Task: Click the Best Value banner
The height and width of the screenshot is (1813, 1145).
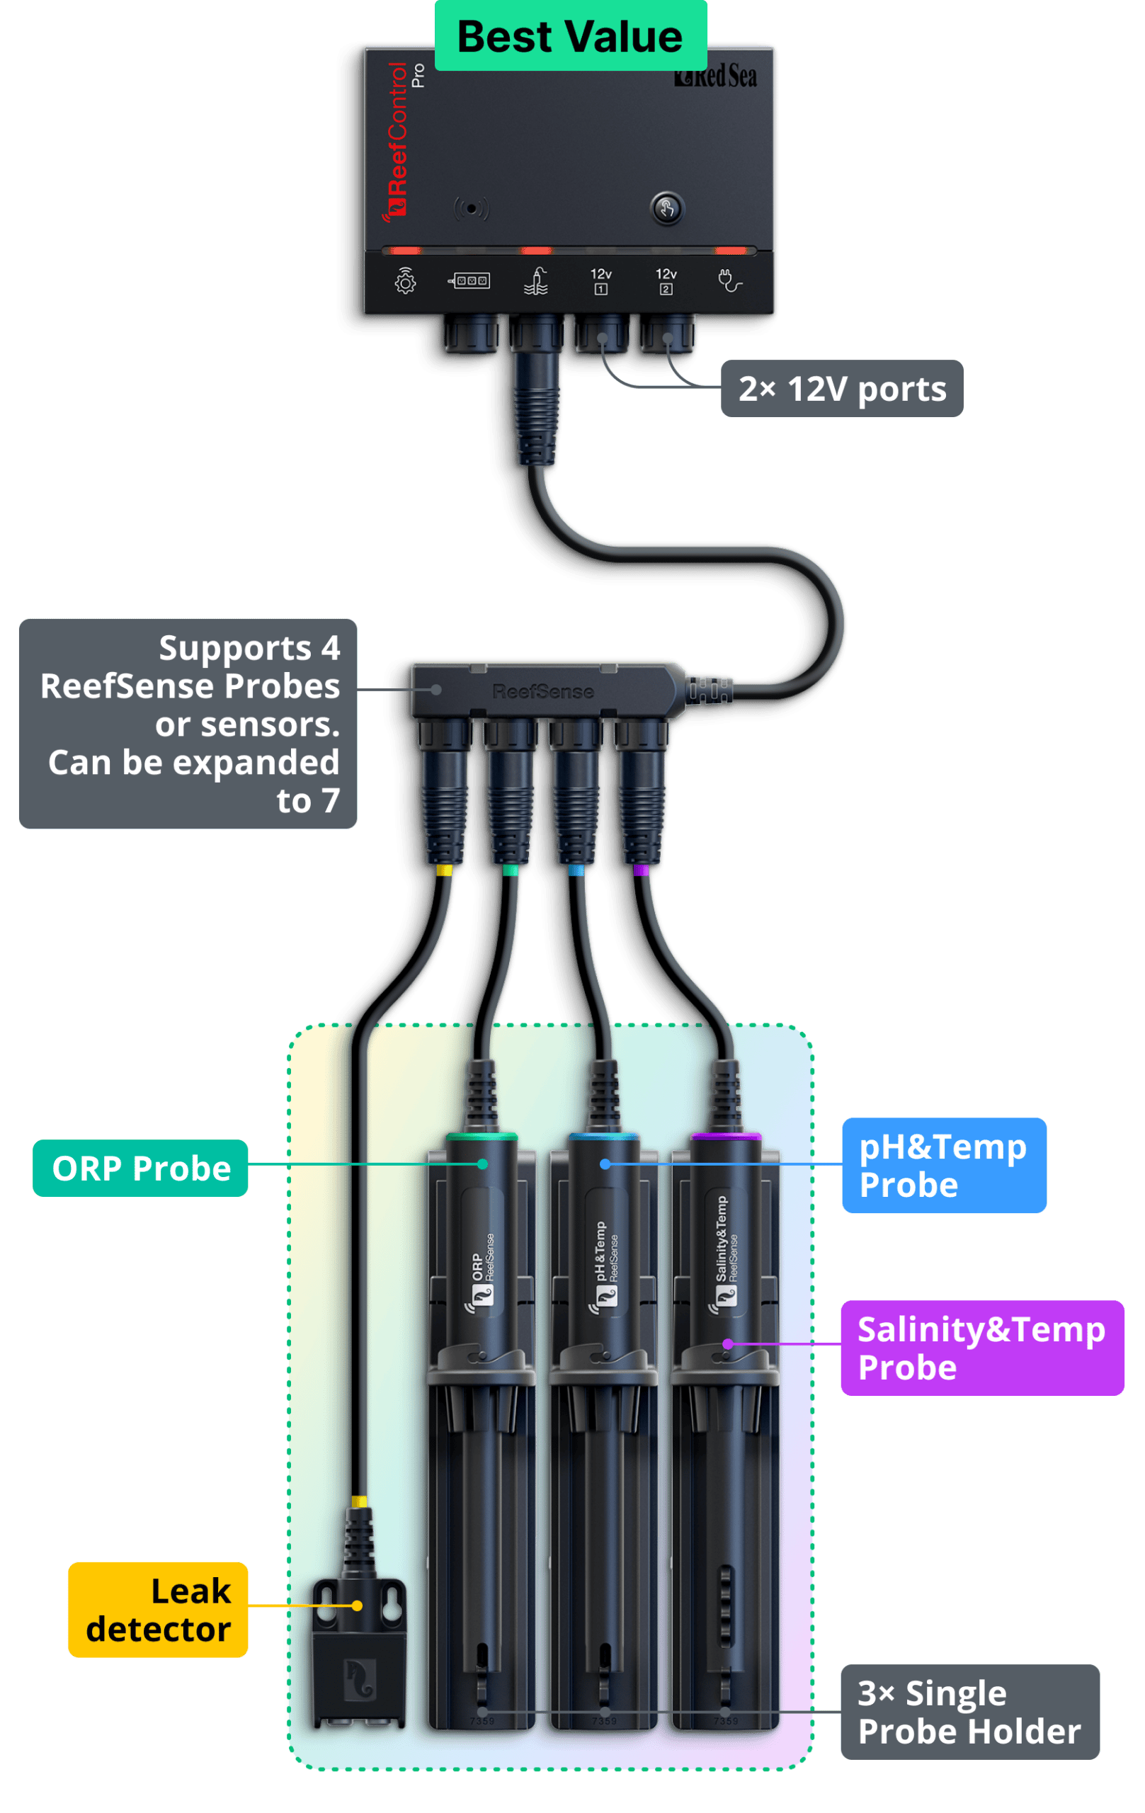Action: (x=571, y=36)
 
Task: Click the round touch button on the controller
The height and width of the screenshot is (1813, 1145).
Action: (x=666, y=208)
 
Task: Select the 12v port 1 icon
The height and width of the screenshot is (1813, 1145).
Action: (x=600, y=281)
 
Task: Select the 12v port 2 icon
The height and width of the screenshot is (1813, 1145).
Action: (x=666, y=281)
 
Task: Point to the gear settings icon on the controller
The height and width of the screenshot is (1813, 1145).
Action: (x=405, y=282)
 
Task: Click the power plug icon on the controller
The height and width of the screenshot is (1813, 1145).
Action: (x=729, y=281)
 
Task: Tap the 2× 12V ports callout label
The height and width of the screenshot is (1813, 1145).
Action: (x=842, y=389)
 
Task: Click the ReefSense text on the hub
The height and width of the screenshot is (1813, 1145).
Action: (x=543, y=691)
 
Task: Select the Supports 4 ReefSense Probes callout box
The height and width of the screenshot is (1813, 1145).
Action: (x=188, y=724)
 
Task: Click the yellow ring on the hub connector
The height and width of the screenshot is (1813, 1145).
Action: (x=444, y=870)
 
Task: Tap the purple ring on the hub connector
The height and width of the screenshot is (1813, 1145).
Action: (x=641, y=870)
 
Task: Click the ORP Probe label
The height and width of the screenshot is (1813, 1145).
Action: (x=141, y=1169)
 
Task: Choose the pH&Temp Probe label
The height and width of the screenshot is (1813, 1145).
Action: (x=943, y=1166)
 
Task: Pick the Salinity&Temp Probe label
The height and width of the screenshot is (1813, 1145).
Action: (x=981, y=1348)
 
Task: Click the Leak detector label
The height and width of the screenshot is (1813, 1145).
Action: (x=158, y=1610)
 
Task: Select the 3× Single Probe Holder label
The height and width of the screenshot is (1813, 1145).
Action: (x=969, y=1712)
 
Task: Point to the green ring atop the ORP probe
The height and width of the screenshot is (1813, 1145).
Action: (x=482, y=1136)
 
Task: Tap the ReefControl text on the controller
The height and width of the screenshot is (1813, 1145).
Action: (x=397, y=140)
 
